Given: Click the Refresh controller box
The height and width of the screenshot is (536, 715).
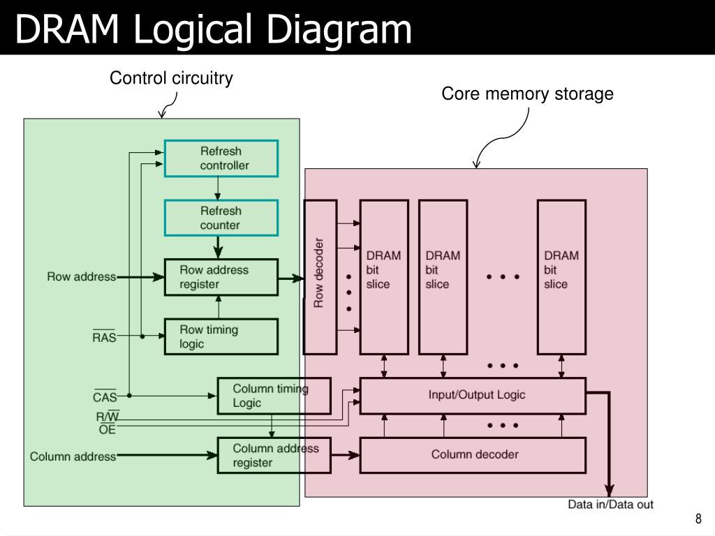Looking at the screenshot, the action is [221, 158].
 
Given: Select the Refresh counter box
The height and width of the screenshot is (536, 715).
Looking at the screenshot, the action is [221, 218].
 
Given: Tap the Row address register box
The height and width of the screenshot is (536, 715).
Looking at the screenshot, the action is [221, 277].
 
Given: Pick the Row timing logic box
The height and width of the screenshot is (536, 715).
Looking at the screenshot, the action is [221, 336].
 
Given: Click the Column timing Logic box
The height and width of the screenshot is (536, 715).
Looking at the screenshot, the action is [274, 396].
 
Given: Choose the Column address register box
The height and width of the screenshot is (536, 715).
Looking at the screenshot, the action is [274, 455].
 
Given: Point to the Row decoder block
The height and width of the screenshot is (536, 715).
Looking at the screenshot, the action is [320, 276].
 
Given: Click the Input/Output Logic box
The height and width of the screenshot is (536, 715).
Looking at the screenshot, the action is [473, 396].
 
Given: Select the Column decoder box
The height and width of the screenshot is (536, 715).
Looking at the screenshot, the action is [473, 455].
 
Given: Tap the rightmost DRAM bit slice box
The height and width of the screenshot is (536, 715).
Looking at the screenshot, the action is [562, 276].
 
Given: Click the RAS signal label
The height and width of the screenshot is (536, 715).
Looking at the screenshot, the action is [105, 336].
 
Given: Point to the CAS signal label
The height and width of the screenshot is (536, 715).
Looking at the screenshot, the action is [105, 396].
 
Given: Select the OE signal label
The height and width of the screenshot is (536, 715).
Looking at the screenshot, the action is [107, 429].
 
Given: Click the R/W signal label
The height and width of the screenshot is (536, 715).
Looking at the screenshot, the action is [108, 416].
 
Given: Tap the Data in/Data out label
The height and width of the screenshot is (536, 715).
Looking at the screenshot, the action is [610, 505].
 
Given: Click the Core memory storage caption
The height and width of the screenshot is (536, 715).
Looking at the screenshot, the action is [527, 94].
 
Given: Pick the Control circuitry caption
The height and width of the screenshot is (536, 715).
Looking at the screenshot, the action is [171, 78].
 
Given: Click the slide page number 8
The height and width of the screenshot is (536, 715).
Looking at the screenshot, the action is [698, 519].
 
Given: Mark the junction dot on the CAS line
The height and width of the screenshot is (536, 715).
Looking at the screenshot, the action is [129, 396].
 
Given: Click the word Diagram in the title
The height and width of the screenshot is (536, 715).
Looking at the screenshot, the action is [339, 29].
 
